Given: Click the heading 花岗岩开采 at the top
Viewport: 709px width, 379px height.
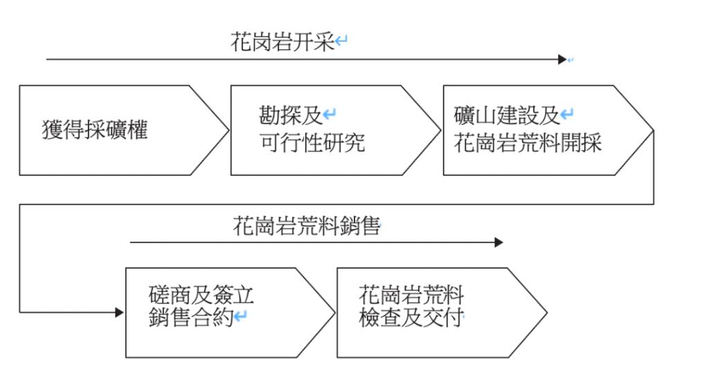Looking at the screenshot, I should click(282, 43).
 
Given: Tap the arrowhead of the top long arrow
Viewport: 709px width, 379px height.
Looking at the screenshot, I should click(562, 60).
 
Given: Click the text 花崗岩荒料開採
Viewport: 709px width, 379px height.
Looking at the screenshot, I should click(528, 143).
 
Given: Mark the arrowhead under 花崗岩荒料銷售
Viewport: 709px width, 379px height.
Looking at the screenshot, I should click(499, 243).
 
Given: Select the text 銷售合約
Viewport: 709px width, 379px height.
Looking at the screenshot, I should click(191, 319).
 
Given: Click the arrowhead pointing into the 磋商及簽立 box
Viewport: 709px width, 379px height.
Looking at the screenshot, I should click(120, 312).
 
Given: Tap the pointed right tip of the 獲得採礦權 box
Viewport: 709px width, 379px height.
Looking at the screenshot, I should click(226, 130).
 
